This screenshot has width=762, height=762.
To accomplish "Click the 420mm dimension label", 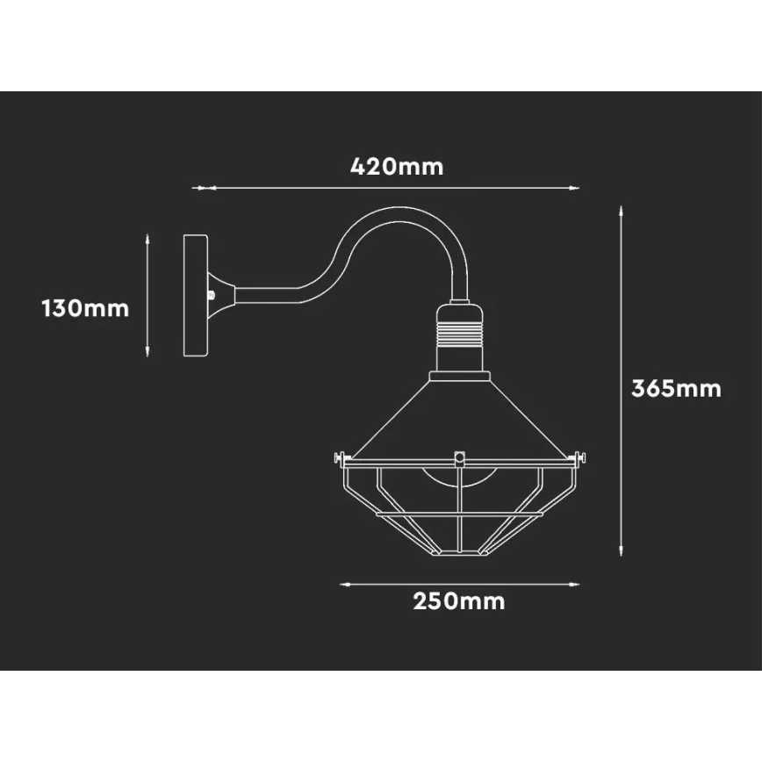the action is coord(397,167).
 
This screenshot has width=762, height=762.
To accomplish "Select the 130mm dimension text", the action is coord(85,309).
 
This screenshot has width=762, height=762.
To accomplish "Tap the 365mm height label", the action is coord(676,389).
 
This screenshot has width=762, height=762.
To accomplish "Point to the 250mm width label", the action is coord(459,601).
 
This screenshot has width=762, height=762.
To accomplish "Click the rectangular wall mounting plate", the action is coord(196,296).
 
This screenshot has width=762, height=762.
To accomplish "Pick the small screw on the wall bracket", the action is coord(212,294).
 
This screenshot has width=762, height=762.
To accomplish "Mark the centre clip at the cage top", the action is coord(459,459).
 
